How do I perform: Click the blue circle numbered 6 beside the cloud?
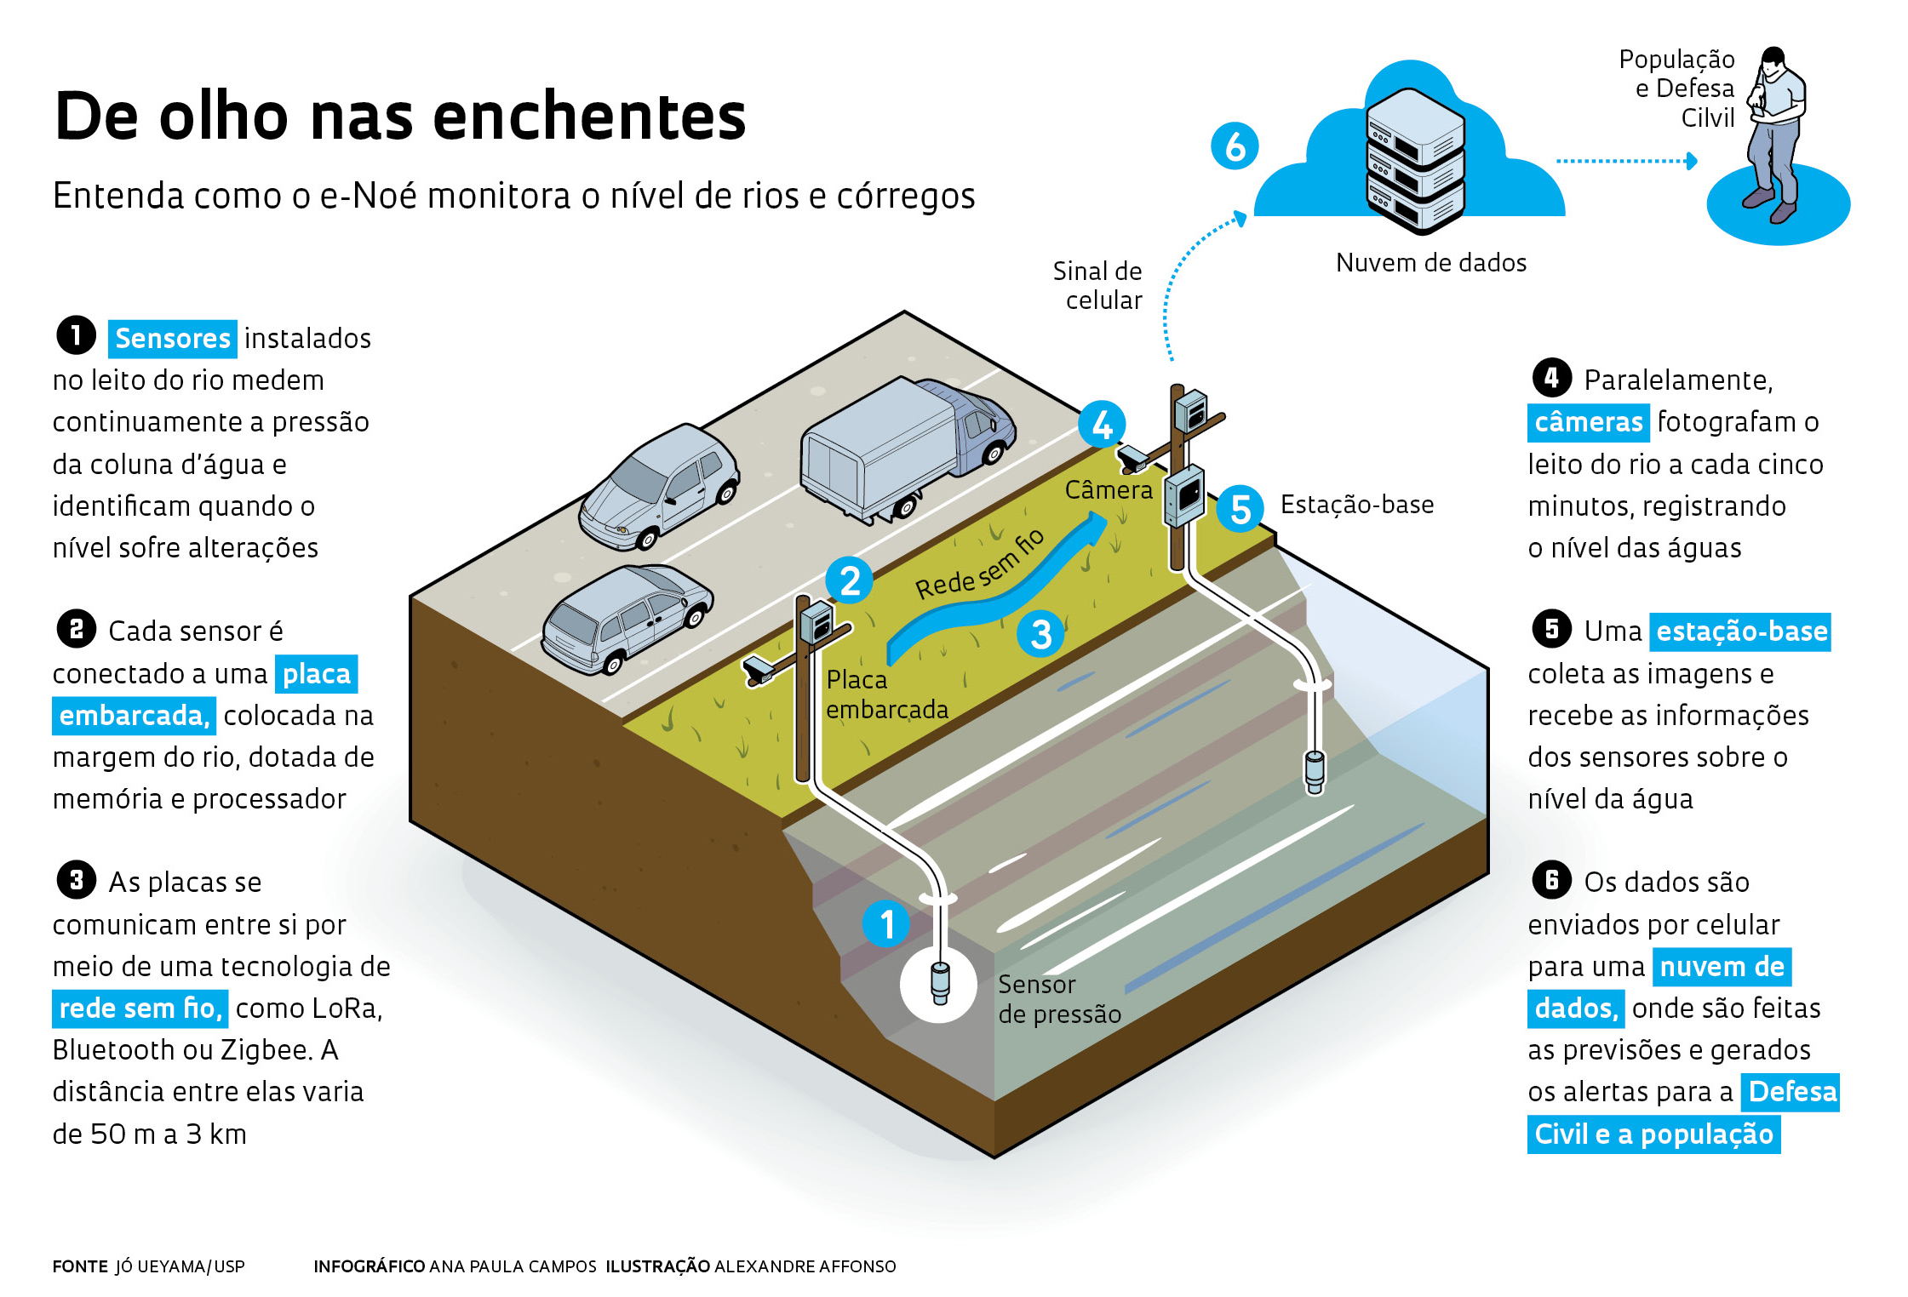pos(1234,146)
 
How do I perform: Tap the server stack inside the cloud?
pos(1415,162)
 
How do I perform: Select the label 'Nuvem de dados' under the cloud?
pos(1430,263)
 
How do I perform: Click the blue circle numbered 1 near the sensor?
pos(886,924)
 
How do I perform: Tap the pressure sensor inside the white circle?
pos(939,985)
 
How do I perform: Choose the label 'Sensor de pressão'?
pos(1058,999)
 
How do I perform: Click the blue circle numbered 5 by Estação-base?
pos(1240,509)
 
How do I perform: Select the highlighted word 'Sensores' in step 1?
pos(173,339)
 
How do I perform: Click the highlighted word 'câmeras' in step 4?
pos(1588,422)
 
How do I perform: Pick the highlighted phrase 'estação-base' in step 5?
pos(1741,631)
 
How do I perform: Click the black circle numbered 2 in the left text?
pos(76,630)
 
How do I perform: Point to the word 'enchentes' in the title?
pos(589,117)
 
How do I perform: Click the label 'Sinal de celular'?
pos(1098,285)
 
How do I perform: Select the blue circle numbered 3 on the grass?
pos(1040,634)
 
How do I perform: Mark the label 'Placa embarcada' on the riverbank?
pos(886,694)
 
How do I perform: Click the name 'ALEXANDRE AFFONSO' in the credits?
pos(805,1266)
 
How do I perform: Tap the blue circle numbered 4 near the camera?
pos(1102,425)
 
